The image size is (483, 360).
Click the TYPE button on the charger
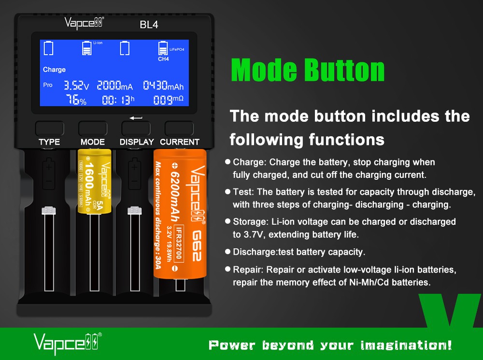point(50,129)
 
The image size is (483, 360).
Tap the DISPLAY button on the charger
point(136,129)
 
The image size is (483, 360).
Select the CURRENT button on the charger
point(179,129)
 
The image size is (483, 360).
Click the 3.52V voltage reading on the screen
point(76,86)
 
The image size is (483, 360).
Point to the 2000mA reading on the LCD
point(115,86)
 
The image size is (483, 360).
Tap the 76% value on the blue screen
point(76,100)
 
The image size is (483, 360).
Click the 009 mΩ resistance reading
point(168,100)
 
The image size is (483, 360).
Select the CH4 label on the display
point(163,59)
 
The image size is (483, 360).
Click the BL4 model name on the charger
point(149,25)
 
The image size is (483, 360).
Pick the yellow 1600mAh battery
point(94,181)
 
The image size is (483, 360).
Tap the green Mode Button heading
point(308,70)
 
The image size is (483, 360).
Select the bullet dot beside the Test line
point(227,192)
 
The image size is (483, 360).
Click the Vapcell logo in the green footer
point(68,344)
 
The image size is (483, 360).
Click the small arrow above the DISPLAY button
point(136,118)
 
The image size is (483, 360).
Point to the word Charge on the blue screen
point(54,70)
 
